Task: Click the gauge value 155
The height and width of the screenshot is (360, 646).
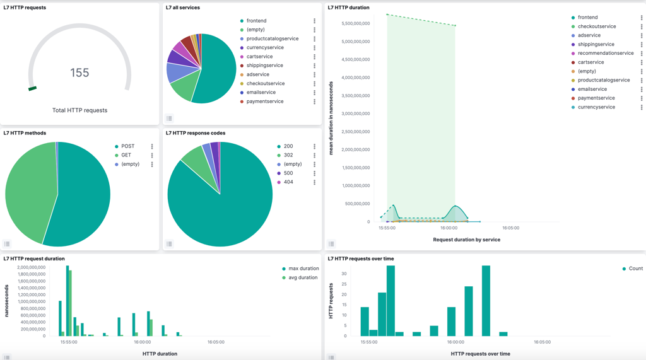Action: click(79, 73)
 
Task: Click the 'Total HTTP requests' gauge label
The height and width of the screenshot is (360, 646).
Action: click(79, 110)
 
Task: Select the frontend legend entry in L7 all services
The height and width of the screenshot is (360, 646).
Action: click(256, 21)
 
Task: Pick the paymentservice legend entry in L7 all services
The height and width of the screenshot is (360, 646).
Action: click(264, 102)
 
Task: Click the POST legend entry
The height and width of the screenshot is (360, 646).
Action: click(127, 146)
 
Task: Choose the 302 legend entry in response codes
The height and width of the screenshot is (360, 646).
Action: click(288, 155)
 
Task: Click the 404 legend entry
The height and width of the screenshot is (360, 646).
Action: click(288, 182)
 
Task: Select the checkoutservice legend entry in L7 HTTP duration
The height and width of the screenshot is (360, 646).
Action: click(596, 26)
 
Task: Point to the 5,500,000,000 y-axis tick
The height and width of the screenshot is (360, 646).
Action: click(355, 23)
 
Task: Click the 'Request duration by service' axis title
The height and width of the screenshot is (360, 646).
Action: click(466, 240)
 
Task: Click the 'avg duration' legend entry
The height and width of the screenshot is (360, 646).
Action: click(303, 277)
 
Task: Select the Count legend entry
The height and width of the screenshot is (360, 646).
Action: click(635, 269)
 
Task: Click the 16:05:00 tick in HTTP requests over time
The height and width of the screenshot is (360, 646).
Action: click(542, 342)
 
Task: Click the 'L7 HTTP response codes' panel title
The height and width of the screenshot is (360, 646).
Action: click(196, 133)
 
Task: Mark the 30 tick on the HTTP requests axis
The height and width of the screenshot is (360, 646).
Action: click(344, 274)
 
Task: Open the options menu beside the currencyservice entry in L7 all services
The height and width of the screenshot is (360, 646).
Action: click(314, 48)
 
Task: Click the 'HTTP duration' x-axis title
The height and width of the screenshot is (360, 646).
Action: click(160, 354)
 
